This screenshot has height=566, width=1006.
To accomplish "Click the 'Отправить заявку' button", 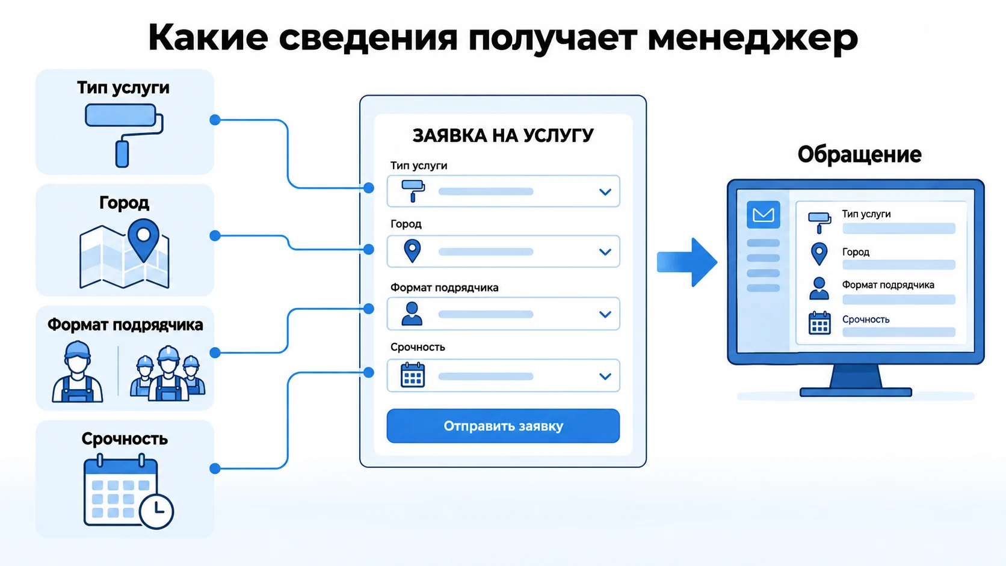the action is pyautogui.click(x=503, y=426).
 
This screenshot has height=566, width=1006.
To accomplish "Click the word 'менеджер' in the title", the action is pyautogui.click(x=753, y=38).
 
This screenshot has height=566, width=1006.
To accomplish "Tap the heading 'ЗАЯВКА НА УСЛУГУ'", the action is pyautogui.click(x=503, y=135).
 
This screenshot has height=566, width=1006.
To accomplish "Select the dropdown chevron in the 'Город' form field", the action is pyautogui.click(x=605, y=252).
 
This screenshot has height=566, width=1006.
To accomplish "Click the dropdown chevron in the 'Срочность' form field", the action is pyautogui.click(x=605, y=376).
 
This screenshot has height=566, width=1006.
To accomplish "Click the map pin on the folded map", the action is pyautogui.click(x=144, y=239).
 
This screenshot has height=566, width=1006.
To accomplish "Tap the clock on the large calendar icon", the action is pyautogui.click(x=156, y=511).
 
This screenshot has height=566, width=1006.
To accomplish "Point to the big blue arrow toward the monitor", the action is pyautogui.click(x=687, y=262).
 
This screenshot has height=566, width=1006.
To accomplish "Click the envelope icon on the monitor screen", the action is pyautogui.click(x=763, y=215).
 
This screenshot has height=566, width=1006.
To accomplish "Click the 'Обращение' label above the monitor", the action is pyautogui.click(x=859, y=155).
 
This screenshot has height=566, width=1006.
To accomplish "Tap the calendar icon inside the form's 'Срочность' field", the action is pyautogui.click(x=413, y=375).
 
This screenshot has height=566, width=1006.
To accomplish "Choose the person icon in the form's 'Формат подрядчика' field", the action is pyautogui.click(x=412, y=313).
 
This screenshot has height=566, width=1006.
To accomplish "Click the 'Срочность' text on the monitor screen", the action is pyautogui.click(x=865, y=319).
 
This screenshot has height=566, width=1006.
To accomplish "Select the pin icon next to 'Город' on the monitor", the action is pyautogui.click(x=819, y=254).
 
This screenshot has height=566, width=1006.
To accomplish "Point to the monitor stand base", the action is pyautogui.click(x=856, y=392).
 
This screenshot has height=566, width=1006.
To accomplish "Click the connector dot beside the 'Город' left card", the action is pyautogui.click(x=215, y=236).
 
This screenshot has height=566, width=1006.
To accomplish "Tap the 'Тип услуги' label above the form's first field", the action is pyautogui.click(x=419, y=165).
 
